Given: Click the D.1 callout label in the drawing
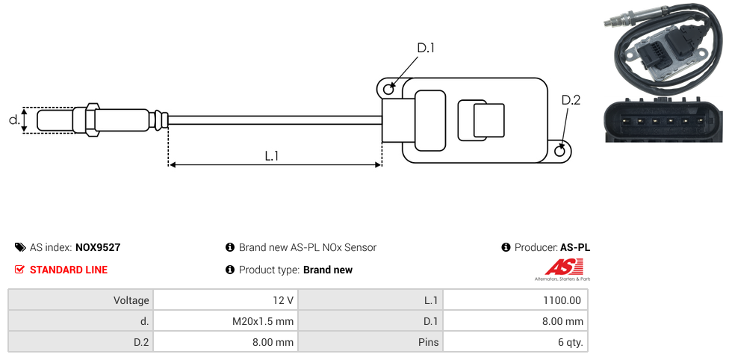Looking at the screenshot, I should click(425, 49).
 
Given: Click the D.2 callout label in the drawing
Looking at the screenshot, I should click(570, 100).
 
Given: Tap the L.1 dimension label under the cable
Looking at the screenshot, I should click(272, 156).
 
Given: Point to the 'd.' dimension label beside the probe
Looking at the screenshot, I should click(13, 120).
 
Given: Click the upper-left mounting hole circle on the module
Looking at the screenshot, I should click(388, 90).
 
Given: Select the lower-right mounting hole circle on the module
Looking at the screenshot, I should click(560, 151).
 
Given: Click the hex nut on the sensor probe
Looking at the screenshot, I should click(92, 120).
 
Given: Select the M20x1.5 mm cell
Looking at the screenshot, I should click(263, 321).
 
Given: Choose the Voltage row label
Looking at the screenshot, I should click(131, 300).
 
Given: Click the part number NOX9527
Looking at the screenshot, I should click(98, 247).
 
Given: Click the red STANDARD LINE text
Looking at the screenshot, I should click(69, 270).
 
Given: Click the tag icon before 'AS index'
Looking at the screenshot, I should click(20, 247).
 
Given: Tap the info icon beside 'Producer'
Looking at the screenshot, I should click(506, 247).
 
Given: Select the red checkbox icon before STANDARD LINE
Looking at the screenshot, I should click(20, 270).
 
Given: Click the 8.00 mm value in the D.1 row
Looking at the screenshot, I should click(564, 321).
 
